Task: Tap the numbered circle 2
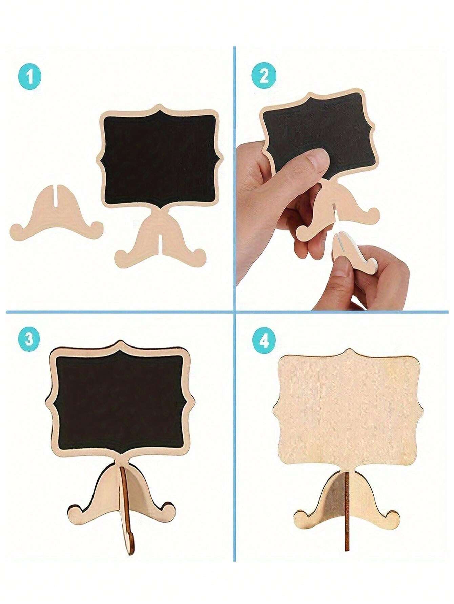tap(264, 76)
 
